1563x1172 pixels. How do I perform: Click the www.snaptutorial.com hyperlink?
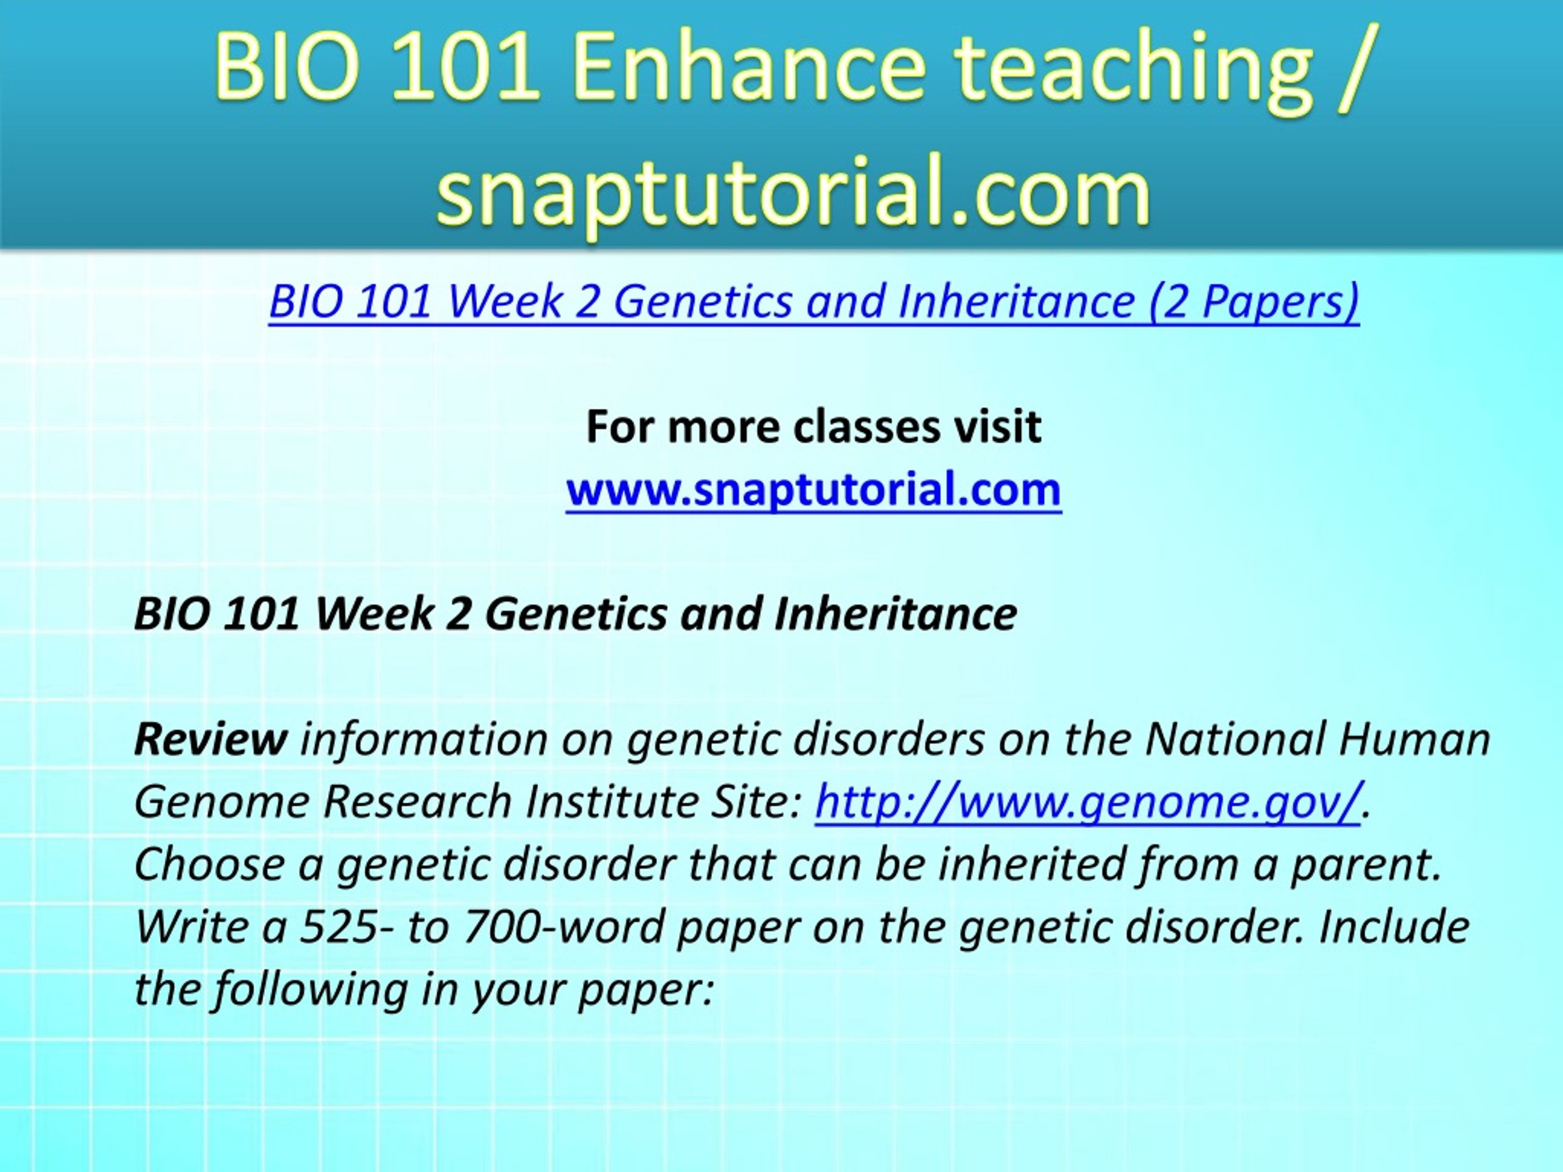[814, 489]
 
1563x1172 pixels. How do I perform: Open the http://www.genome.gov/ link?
[1088, 803]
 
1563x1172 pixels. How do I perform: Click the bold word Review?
[211, 739]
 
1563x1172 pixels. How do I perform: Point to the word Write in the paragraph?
[190, 927]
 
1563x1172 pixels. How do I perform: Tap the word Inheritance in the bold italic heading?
[895, 613]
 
